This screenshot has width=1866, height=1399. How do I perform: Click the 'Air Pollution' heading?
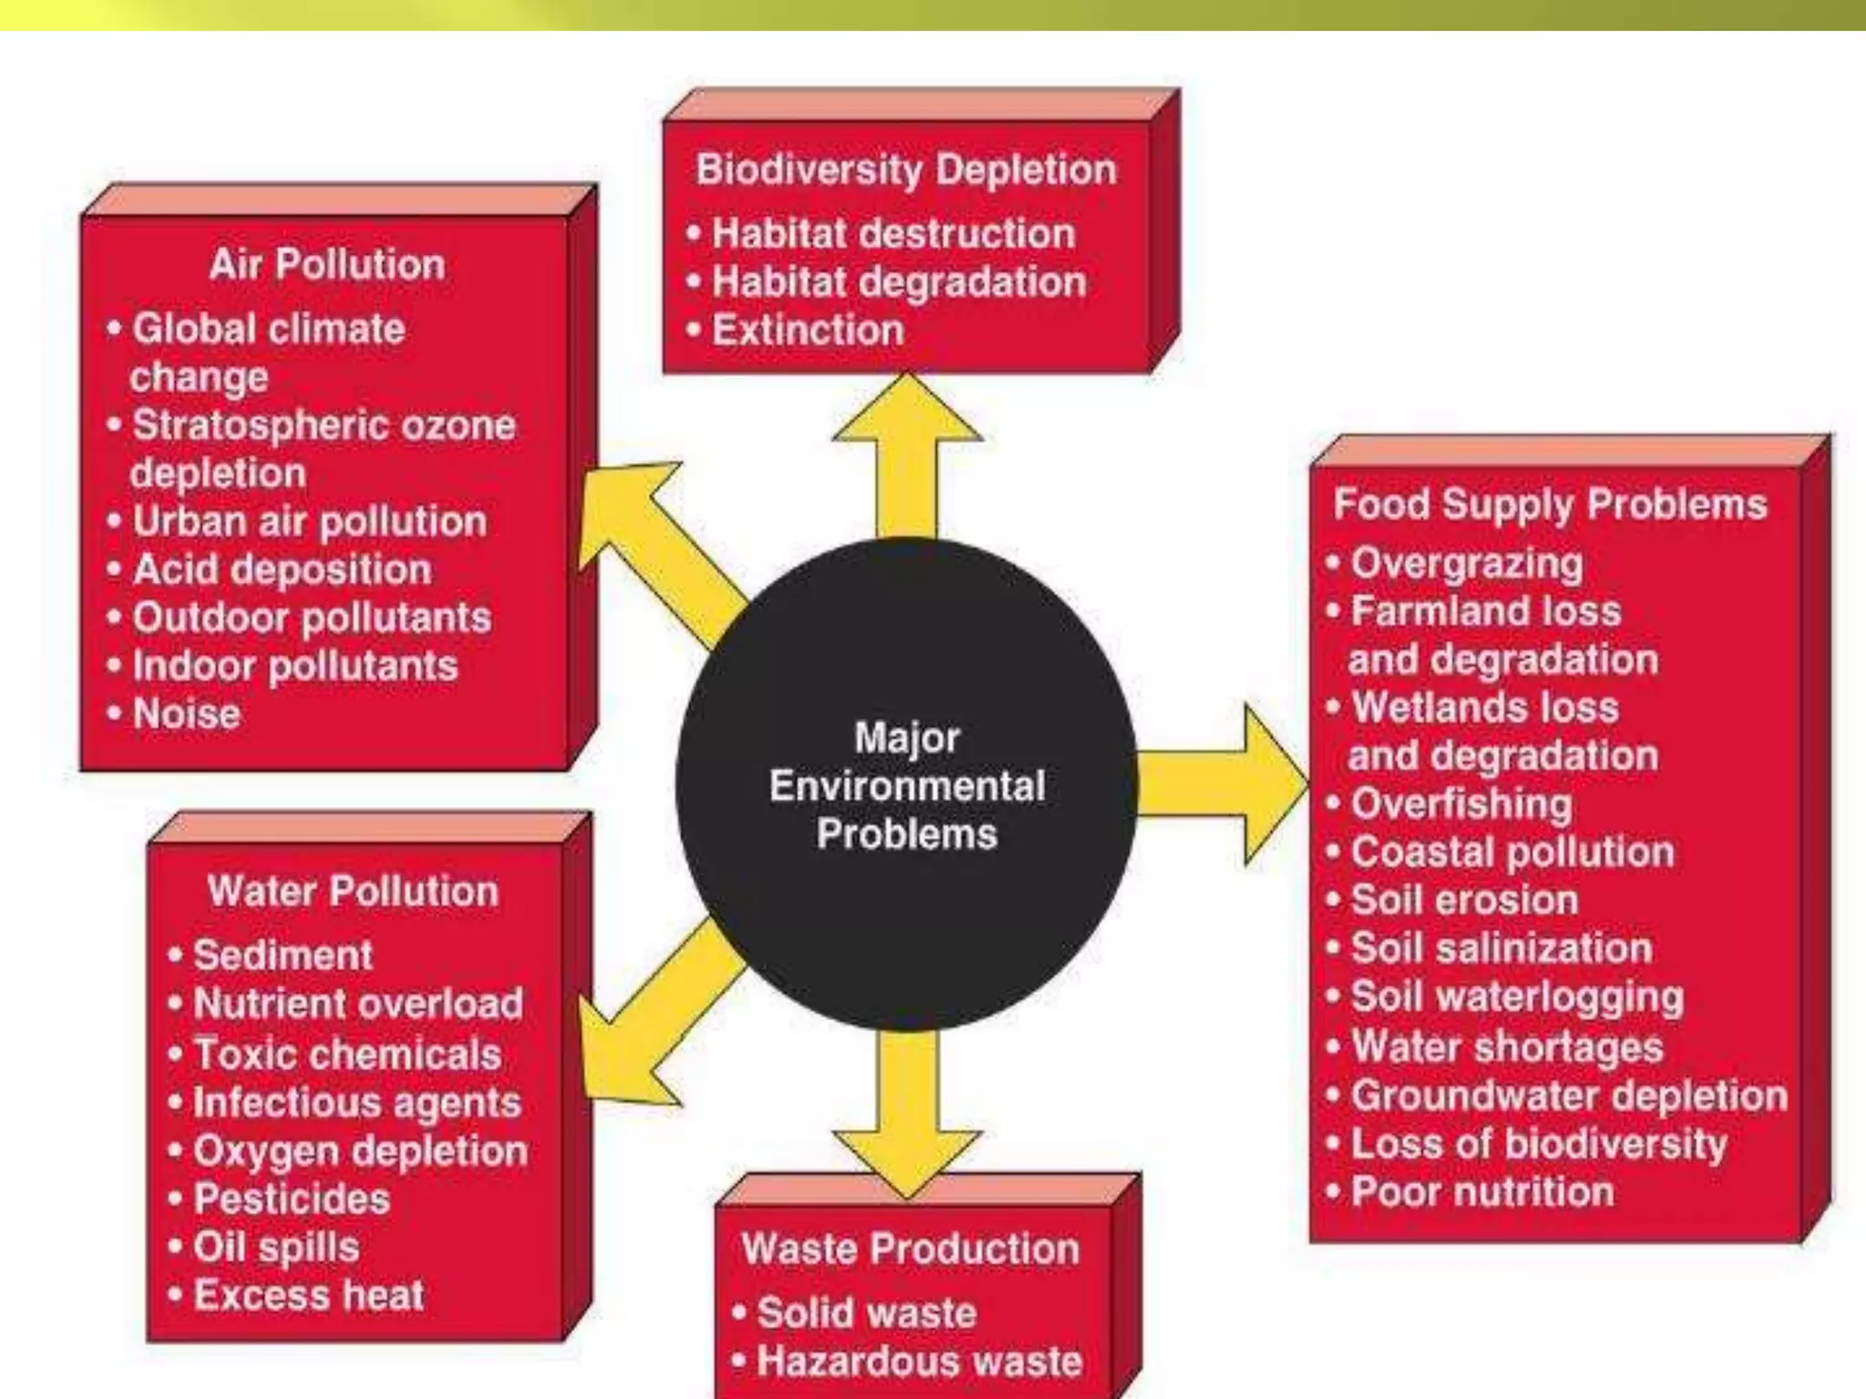327,264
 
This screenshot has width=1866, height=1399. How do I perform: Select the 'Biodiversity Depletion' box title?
906,169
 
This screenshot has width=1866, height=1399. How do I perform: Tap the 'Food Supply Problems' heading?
1550,504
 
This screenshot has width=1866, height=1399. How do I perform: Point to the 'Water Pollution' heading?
353,891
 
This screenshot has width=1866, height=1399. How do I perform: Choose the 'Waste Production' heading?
910,1248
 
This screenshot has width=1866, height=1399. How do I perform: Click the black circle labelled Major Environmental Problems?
907,785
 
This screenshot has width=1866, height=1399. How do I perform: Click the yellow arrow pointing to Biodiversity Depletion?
907,455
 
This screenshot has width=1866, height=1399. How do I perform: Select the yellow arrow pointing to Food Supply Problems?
1221,783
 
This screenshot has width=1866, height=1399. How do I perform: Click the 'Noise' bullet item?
187,713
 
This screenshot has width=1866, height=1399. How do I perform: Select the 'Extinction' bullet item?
807,330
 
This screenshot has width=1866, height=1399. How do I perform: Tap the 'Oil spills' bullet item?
276,1247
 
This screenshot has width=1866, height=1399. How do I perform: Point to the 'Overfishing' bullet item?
1461,803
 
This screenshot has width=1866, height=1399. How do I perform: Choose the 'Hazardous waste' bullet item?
919,1361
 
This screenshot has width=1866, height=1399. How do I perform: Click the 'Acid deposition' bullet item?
282,569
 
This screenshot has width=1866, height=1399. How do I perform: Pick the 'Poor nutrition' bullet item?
1482,1191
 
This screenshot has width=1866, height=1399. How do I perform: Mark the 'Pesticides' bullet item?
292,1199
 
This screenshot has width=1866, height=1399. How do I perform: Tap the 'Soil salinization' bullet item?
1501,948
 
